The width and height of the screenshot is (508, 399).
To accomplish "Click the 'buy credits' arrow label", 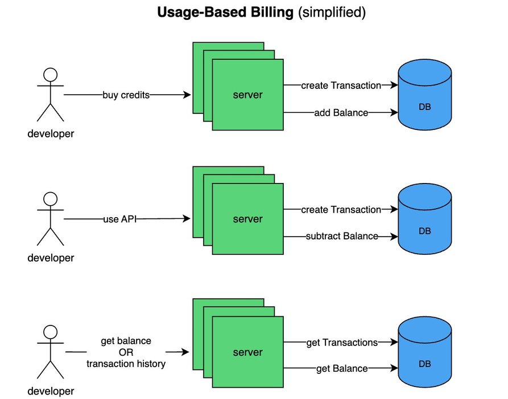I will (126, 95).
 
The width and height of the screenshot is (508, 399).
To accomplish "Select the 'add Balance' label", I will (341, 113).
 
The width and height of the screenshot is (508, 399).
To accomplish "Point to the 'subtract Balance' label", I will (342, 236).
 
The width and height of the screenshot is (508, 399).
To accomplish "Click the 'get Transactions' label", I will (342, 343).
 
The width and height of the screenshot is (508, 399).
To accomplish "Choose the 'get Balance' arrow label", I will (342, 368).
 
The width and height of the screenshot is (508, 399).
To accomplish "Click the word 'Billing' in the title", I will (269, 13).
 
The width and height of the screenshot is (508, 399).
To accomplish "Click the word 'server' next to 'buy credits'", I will (248, 95).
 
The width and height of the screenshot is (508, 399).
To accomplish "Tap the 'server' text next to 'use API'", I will (248, 219).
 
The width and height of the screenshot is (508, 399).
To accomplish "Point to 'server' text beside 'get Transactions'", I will (248, 352).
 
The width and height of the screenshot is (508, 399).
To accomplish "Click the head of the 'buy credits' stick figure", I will (51, 75).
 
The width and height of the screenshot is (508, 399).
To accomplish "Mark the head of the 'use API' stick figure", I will (51, 199).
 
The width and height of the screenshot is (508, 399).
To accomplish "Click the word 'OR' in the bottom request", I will (126, 352).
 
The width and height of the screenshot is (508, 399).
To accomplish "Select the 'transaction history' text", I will (126, 364).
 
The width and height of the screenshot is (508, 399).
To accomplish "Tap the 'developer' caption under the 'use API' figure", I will (51, 258).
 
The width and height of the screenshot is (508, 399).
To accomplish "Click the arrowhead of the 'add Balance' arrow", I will (394, 113).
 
